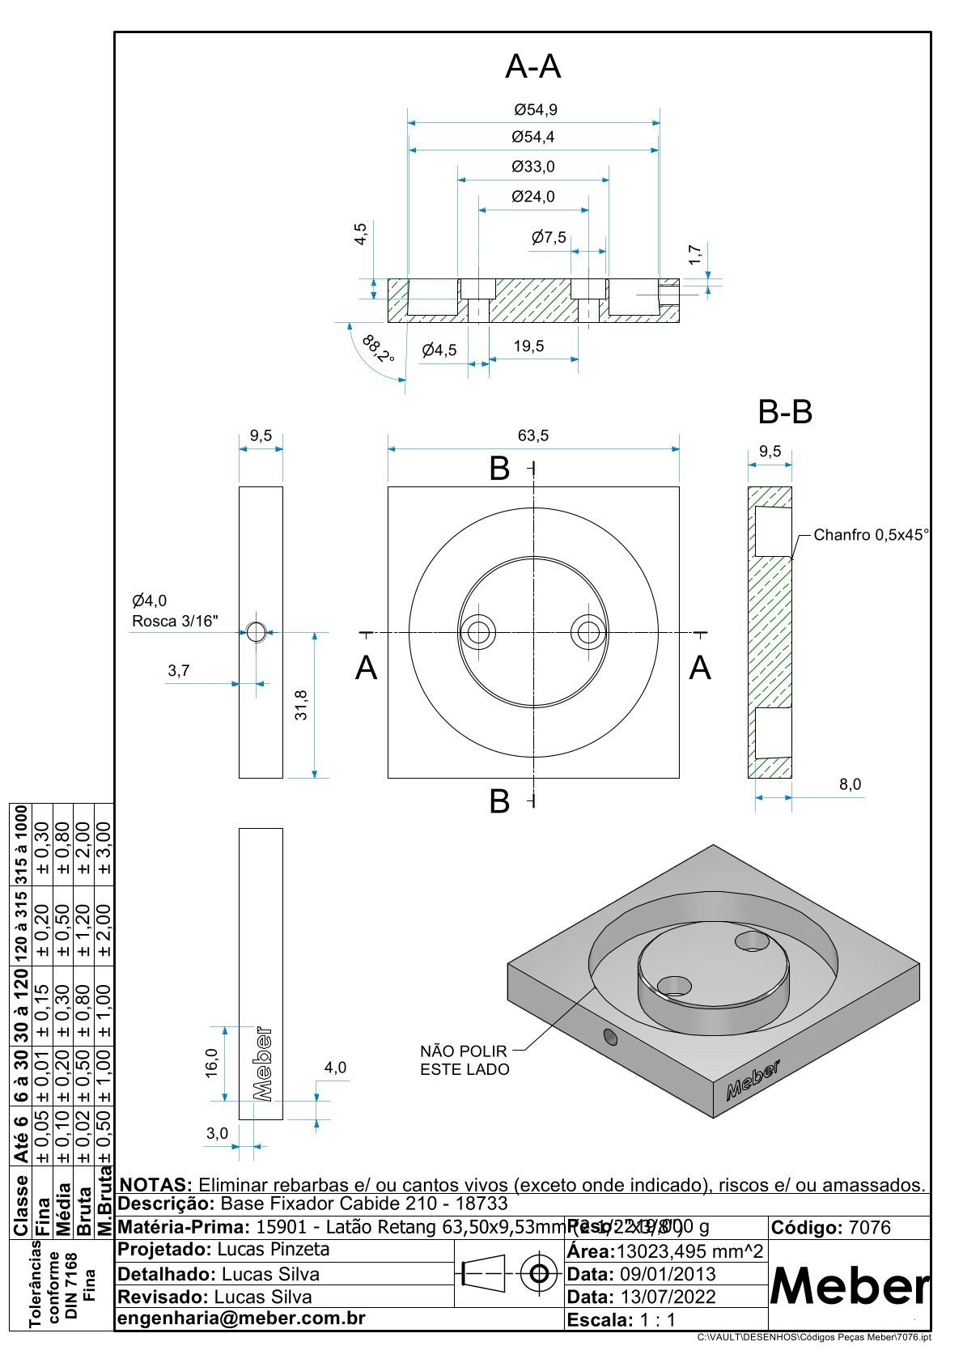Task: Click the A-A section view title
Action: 532,66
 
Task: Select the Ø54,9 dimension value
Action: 536,109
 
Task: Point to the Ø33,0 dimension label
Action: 533,167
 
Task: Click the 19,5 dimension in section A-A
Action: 528,346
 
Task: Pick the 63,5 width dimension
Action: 533,435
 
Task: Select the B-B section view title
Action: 785,413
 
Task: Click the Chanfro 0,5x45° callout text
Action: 871,535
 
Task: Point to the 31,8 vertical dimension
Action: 301,705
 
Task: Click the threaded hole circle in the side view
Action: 257,631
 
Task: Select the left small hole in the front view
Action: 478,632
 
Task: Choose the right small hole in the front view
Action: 588,632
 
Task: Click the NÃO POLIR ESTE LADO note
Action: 465,1060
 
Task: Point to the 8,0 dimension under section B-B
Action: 850,784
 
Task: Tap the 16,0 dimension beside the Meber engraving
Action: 212,1062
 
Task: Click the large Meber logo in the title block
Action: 849,1285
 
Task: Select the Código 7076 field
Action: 831,1228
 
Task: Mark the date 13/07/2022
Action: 668,1297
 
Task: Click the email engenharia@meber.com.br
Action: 242,1318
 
